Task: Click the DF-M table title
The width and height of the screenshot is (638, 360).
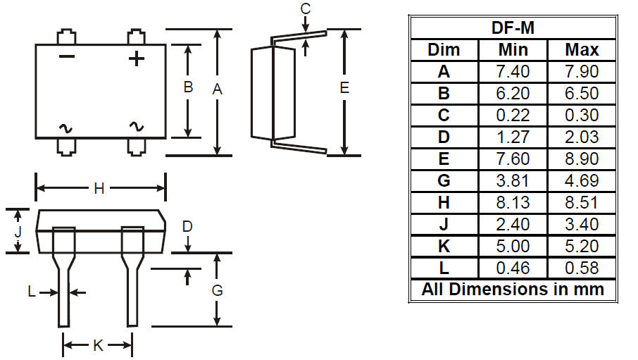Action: (x=513, y=27)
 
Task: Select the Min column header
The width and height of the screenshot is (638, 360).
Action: (x=513, y=50)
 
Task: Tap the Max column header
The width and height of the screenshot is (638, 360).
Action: (x=582, y=50)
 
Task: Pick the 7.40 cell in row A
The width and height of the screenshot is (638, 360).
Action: (x=513, y=72)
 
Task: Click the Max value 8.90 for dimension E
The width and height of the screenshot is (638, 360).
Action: (x=582, y=159)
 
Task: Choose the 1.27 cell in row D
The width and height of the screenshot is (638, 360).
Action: (x=513, y=137)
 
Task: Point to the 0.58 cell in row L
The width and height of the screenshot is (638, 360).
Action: (x=582, y=268)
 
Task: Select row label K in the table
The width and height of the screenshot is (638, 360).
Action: (x=444, y=246)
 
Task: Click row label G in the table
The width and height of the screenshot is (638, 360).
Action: (x=444, y=180)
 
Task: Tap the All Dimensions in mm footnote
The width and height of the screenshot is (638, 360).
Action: (x=513, y=289)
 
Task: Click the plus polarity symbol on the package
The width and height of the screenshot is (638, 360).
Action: (x=137, y=58)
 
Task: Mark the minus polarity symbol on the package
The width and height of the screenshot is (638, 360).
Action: (x=67, y=56)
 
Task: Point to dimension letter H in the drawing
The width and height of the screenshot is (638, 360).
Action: (x=99, y=189)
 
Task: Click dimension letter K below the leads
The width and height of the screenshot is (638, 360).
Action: (x=98, y=345)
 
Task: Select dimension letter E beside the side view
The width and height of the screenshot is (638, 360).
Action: (x=344, y=87)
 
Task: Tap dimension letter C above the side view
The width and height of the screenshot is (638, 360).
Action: (x=305, y=8)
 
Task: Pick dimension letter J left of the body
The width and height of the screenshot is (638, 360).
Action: (x=18, y=232)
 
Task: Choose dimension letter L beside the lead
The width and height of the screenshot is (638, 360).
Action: (x=32, y=292)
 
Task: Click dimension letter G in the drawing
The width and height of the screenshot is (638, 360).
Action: (x=218, y=290)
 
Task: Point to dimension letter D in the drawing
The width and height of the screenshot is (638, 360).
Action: (x=187, y=226)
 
